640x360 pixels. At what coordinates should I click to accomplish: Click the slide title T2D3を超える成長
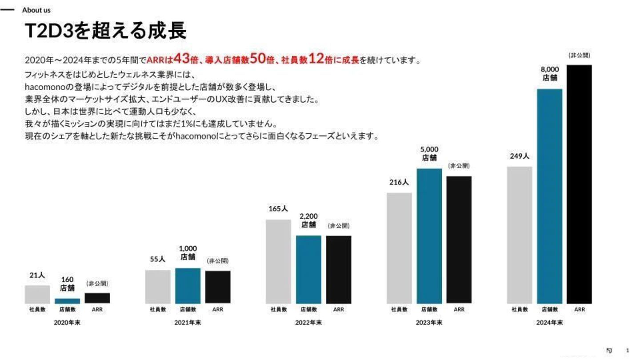pyautogui.click(x=105, y=31)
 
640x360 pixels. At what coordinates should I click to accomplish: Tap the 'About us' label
pyautogui.click(x=36, y=10)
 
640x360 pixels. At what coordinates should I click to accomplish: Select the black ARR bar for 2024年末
pyautogui.click(x=579, y=184)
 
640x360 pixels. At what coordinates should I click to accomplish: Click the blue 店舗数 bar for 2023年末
pyautogui.click(x=429, y=236)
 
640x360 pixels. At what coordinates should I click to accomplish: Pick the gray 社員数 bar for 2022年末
pyautogui.click(x=278, y=261)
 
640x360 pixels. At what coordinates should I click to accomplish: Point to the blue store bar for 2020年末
pyautogui.click(x=67, y=301)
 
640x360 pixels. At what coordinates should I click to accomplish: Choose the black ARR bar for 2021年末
pyautogui.click(x=218, y=287)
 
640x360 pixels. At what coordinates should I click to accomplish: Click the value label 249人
pyautogui.click(x=519, y=156)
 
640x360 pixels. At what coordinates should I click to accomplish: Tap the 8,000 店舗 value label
pyautogui.click(x=550, y=73)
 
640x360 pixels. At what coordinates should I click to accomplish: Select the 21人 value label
pyautogui.click(x=37, y=276)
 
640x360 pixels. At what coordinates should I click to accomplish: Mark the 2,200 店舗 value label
pyautogui.click(x=308, y=220)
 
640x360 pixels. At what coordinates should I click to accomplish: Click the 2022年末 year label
pyautogui.click(x=308, y=323)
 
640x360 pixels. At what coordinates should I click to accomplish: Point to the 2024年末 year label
pyautogui.click(x=550, y=323)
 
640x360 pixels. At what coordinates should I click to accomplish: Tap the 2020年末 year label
pyautogui.click(x=67, y=323)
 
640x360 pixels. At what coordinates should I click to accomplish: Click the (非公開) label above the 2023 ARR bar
pyautogui.click(x=459, y=166)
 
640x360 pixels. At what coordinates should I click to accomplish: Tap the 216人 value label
pyautogui.click(x=399, y=182)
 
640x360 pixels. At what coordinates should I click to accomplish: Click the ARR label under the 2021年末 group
pyautogui.click(x=218, y=309)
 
